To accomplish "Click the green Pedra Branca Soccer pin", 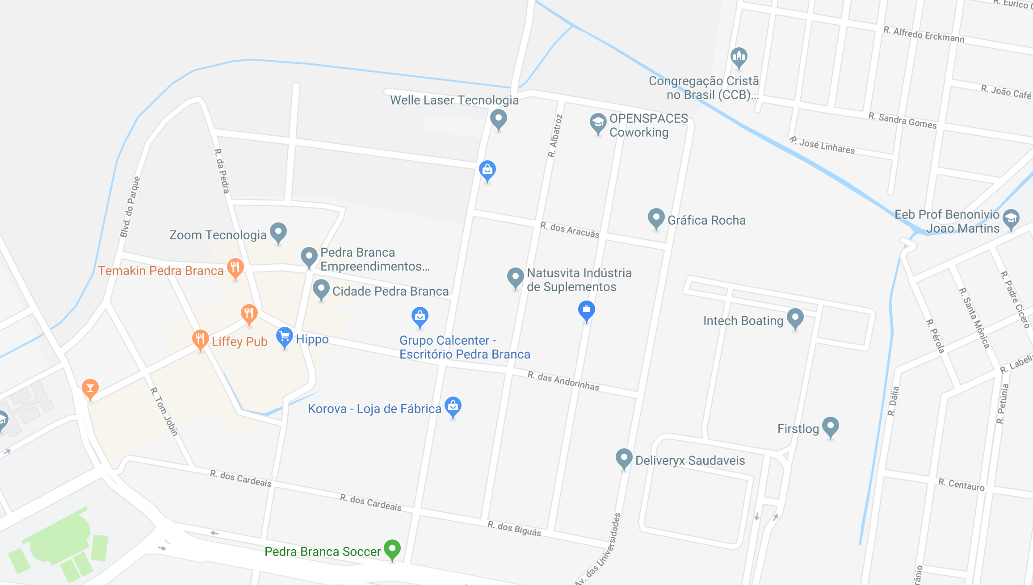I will [x=392, y=549].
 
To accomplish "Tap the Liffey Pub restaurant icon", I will [x=200, y=339].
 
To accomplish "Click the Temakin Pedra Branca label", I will [x=161, y=271].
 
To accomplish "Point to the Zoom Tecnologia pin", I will [x=278, y=232].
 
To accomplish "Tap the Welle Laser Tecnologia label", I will [x=454, y=100].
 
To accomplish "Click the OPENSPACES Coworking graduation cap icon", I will [x=598, y=122].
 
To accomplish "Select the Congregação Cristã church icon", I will [x=739, y=57].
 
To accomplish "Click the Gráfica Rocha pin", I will [x=656, y=218].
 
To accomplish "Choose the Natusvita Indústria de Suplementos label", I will [x=579, y=280].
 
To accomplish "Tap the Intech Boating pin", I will [x=795, y=318].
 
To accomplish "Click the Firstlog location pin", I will [x=831, y=426].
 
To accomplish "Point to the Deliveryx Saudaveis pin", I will [x=624, y=458].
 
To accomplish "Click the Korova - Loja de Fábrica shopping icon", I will [x=453, y=406].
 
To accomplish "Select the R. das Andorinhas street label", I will [x=563, y=381].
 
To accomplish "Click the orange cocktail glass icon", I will [x=90, y=388].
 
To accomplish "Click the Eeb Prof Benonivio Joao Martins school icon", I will [x=1011, y=219].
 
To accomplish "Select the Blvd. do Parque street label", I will [x=130, y=207].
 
